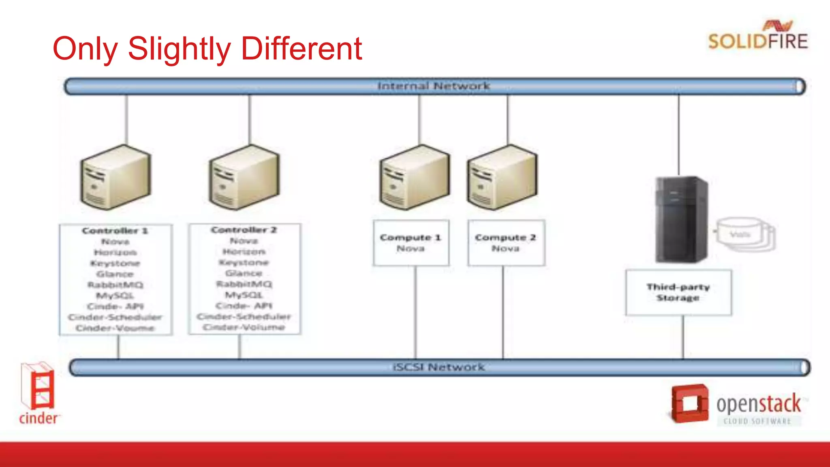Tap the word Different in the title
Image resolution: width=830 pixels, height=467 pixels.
click(301, 49)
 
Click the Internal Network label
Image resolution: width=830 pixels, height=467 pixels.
click(434, 86)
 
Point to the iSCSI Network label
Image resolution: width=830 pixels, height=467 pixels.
click(439, 367)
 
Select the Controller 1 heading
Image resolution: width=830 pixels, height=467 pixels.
click(115, 231)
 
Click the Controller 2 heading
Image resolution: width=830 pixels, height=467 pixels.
click(244, 230)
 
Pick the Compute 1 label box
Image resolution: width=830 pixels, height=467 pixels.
click(411, 243)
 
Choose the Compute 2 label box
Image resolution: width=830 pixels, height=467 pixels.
click(506, 243)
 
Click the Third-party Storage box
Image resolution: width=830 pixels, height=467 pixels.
click(678, 292)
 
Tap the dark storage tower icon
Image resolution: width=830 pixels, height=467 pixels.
click(682, 219)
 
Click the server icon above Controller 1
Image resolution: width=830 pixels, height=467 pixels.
click(116, 178)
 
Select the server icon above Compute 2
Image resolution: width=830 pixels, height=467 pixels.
click(503, 178)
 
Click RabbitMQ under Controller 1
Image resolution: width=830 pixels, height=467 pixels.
click(116, 285)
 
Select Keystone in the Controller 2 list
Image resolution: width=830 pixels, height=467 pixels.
click(244, 263)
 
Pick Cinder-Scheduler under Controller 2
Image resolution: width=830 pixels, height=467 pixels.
click(244, 316)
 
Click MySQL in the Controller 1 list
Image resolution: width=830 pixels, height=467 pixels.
click(115, 296)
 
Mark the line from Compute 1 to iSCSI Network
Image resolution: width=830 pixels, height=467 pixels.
click(415, 312)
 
